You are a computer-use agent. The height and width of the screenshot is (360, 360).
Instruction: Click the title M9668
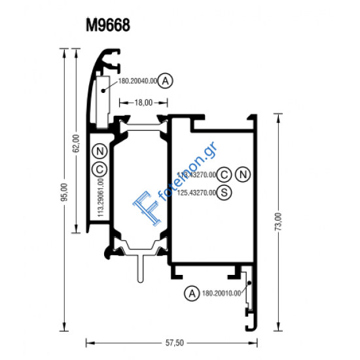click(x=108, y=26)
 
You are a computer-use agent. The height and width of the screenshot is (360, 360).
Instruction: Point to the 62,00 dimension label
click(x=77, y=143)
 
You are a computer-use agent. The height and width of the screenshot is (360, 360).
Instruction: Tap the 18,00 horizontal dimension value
click(x=143, y=102)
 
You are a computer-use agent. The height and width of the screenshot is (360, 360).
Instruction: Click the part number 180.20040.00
click(x=137, y=81)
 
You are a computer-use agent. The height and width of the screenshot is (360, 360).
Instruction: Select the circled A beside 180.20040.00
click(x=166, y=81)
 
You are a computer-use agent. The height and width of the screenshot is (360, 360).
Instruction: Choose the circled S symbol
click(x=225, y=192)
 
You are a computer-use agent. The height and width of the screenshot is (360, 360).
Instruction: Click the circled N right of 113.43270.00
click(x=243, y=174)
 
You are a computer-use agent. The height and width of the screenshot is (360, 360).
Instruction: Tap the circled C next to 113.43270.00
click(x=225, y=174)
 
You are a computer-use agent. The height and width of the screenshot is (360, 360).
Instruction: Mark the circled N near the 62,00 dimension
click(x=99, y=151)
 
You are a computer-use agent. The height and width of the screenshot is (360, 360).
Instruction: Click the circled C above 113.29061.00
click(x=99, y=169)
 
